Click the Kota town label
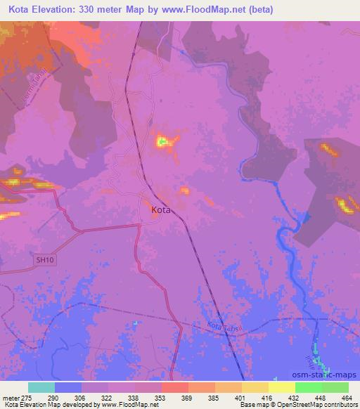(x=161, y=209)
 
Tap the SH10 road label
(x=44, y=260)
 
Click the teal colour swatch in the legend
(x=41, y=387)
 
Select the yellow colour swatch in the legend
(x=281, y=387)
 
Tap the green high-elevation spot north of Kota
(x=163, y=143)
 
